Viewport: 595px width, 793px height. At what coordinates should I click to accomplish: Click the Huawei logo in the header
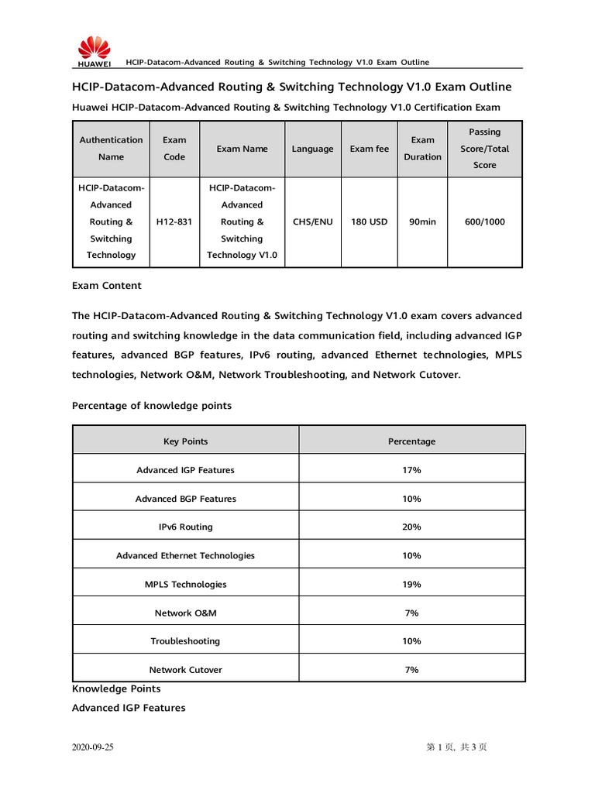(93, 51)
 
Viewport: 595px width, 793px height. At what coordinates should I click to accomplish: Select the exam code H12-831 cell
(174, 222)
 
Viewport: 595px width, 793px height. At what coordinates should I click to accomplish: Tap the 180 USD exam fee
(370, 222)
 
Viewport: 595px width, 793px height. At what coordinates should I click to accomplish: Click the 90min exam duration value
(422, 222)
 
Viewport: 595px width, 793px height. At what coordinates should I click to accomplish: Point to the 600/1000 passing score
(484, 222)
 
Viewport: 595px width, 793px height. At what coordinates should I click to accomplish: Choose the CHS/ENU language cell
(312, 222)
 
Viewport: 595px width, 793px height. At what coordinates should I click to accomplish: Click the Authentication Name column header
(111, 149)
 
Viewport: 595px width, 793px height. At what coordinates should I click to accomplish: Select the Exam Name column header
(242, 149)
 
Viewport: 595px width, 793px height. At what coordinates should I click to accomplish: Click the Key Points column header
(185, 441)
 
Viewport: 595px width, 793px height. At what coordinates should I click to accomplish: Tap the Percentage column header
(411, 441)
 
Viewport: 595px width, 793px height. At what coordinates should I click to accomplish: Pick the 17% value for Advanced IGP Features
(411, 470)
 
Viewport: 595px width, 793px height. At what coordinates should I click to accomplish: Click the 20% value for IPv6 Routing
(411, 527)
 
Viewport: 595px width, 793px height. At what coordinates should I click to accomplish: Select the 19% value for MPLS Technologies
(411, 585)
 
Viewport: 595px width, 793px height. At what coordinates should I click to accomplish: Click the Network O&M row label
(185, 613)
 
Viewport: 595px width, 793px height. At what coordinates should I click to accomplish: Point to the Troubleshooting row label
(185, 641)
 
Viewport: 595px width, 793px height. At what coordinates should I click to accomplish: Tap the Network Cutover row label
(185, 670)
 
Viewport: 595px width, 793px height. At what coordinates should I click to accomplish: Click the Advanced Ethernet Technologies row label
(185, 556)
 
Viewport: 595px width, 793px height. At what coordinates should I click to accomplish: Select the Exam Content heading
(107, 286)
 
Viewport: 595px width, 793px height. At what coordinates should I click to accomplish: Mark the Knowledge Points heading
(116, 688)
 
